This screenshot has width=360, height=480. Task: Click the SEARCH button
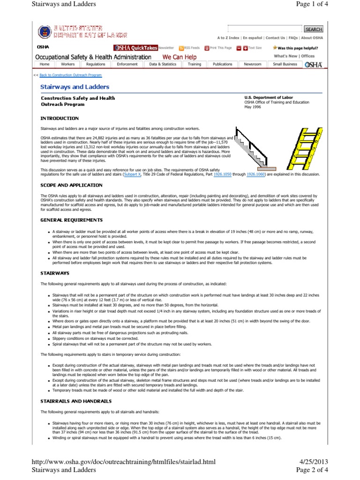[x=314, y=29]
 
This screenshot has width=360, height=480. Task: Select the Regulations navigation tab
[x=96, y=64]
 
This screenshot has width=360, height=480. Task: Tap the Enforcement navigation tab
[x=127, y=64]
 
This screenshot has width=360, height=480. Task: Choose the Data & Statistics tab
[x=163, y=64]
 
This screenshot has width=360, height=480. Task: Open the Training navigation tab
[x=195, y=64]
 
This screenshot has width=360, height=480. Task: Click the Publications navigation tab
[x=222, y=64]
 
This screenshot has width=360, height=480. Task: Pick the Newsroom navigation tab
[x=252, y=64]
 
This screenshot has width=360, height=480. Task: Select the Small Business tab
[x=285, y=64]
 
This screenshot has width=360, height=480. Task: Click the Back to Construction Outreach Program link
[x=70, y=75]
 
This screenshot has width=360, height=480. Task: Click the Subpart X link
[x=132, y=174]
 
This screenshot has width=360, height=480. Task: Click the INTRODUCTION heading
[x=60, y=118]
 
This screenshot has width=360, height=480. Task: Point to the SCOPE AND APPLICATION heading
[x=71, y=185]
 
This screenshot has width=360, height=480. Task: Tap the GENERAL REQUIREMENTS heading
[x=72, y=220]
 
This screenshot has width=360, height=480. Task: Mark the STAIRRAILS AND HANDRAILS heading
[x=76, y=401]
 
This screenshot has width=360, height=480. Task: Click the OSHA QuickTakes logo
[x=135, y=48]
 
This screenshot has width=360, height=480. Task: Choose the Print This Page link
[x=218, y=48]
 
